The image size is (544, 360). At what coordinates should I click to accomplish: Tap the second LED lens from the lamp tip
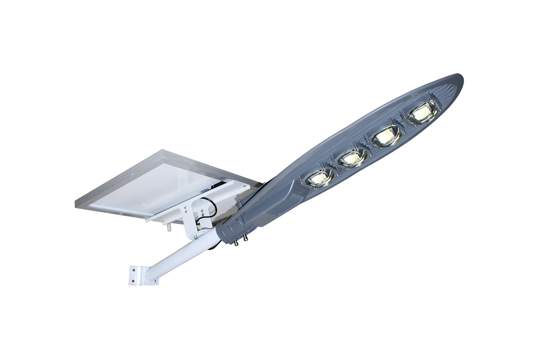coord(386,136)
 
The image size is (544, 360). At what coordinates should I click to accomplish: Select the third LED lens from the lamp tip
coord(353,157)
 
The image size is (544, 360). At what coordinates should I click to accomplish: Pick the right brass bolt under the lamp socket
coord(245,238)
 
